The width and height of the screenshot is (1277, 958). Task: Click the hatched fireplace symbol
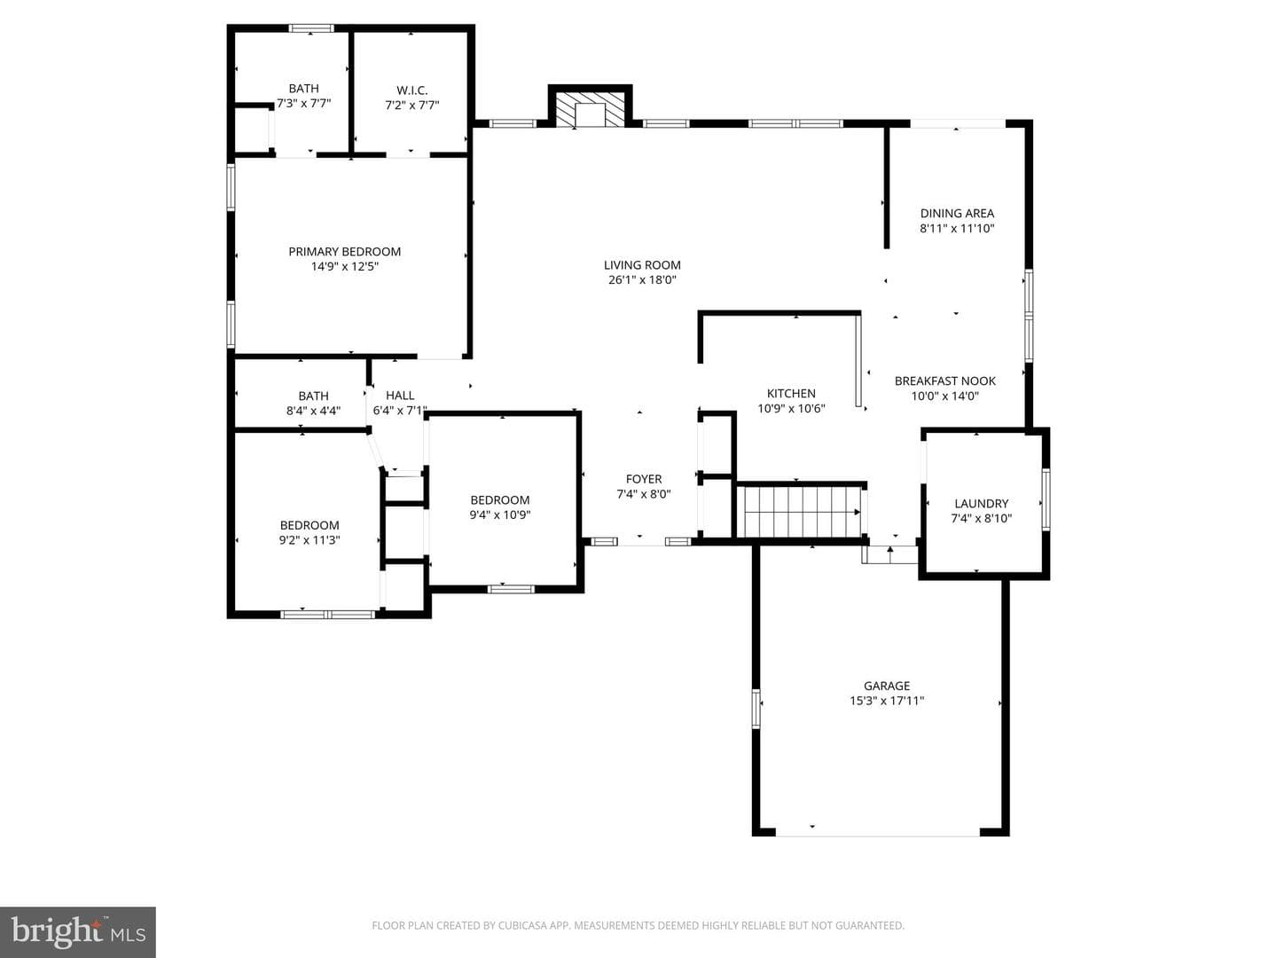pyautogui.click(x=590, y=109)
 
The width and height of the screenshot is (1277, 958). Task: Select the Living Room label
pyautogui.click(x=642, y=265)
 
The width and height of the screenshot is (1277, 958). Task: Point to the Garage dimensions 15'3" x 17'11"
pyautogui.click(x=887, y=701)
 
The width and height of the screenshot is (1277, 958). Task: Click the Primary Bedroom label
pyautogui.click(x=344, y=252)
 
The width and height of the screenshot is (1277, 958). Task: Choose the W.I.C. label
pyautogui.click(x=411, y=90)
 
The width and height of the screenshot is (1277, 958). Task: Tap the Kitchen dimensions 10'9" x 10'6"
pyautogui.click(x=791, y=408)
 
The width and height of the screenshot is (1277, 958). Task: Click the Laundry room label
pyautogui.click(x=982, y=503)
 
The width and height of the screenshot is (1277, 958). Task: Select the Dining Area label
pyautogui.click(x=957, y=214)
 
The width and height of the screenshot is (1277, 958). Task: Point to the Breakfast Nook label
pyautogui.click(x=944, y=381)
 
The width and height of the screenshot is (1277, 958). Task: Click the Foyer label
pyautogui.click(x=644, y=479)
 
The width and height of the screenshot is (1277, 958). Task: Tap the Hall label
pyautogui.click(x=400, y=396)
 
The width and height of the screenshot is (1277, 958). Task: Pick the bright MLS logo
pyautogui.click(x=78, y=931)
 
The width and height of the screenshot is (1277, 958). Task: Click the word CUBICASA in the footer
pyautogui.click(x=522, y=925)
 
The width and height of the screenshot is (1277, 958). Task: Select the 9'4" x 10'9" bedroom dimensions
pyautogui.click(x=500, y=514)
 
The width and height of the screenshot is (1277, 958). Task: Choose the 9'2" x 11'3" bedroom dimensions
pyautogui.click(x=309, y=540)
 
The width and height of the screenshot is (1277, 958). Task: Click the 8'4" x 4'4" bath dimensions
pyautogui.click(x=313, y=411)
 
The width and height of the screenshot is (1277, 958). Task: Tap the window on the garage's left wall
pyautogui.click(x=756, y=709)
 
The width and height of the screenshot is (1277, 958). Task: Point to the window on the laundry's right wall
pyautogui.click(x=1046, y=499)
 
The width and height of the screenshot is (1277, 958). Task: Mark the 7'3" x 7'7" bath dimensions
pyautogui.click(x=303, y=104)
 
